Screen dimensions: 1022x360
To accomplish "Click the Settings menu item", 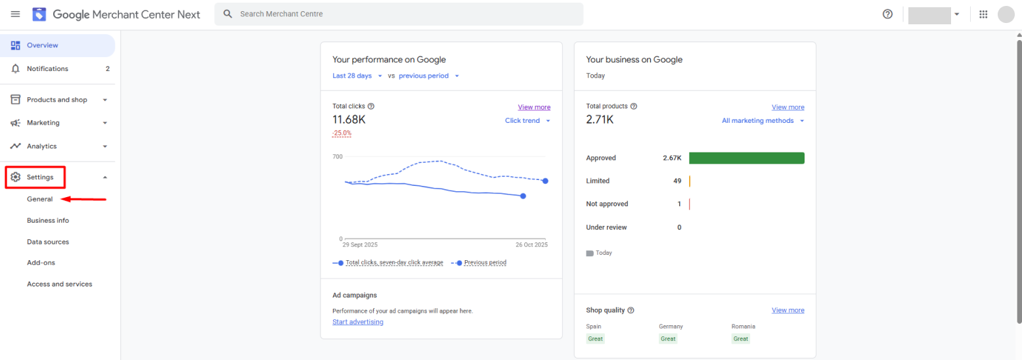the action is pos(39,177).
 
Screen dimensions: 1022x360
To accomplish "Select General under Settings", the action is pos(39,199).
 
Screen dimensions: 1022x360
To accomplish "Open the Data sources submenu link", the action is pos(48,242).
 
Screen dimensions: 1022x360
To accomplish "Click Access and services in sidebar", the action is pos(59,284).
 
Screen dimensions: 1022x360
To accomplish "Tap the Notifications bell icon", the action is pos(16,68).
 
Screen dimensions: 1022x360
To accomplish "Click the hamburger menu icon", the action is pos(15,14).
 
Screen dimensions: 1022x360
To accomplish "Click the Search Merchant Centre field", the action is pos(399,14).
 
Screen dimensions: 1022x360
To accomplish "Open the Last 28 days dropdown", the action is pos(357,76).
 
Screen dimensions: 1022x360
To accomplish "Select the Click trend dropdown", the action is pos(527,120).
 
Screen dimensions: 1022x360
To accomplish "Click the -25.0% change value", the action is pos(342,133).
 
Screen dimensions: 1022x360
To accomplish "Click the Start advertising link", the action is pos(358,322).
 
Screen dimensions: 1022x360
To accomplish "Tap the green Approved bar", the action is pos(746,158).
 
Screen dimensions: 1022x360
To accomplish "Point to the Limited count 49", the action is pos(677,181).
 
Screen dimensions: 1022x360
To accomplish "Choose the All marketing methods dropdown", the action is pos(763,120).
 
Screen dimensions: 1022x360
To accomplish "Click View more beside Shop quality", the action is pos(788,310).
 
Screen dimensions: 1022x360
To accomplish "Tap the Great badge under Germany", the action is pos(668,338).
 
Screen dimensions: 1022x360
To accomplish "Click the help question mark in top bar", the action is pos(887,14).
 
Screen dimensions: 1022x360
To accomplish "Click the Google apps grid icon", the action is pos(983,14).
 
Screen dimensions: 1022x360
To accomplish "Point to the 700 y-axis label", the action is pos(338,156).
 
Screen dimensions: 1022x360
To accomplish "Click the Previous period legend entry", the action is pos(479,263).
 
